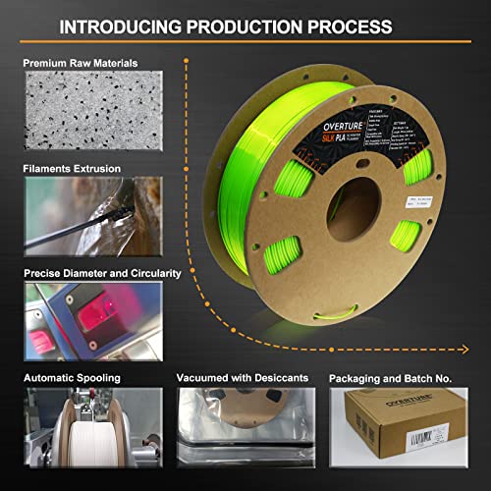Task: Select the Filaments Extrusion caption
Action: point(72,168)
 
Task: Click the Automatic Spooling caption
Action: point(68,376)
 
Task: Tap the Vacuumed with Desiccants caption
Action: point(242,376)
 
